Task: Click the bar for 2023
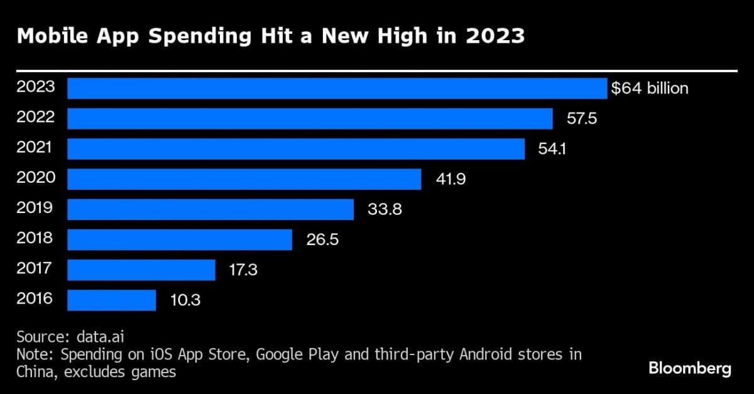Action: pos(337,89)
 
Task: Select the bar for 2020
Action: pos(244,179)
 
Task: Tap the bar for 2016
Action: pos(111,300)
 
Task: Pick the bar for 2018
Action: pos(180,239)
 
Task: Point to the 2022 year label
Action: pos(36,117)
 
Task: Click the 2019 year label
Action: pos(36,208)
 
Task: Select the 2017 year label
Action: pos(36,268)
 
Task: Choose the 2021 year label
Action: pos(36,148)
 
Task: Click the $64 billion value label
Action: pos(650,89)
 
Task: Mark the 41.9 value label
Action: pos(450,179)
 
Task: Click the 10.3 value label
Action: pos(185,300)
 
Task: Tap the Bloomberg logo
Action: pos(689,368)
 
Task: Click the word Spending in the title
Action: pos(205,36)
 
